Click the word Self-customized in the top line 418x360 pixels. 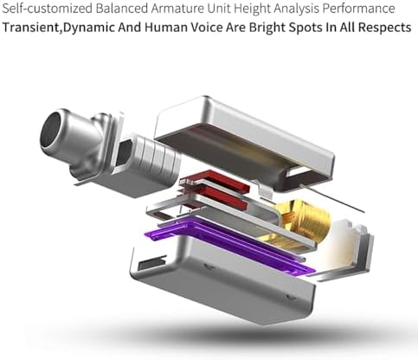click(48, 9)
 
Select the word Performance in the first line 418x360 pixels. click(358, 9)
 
